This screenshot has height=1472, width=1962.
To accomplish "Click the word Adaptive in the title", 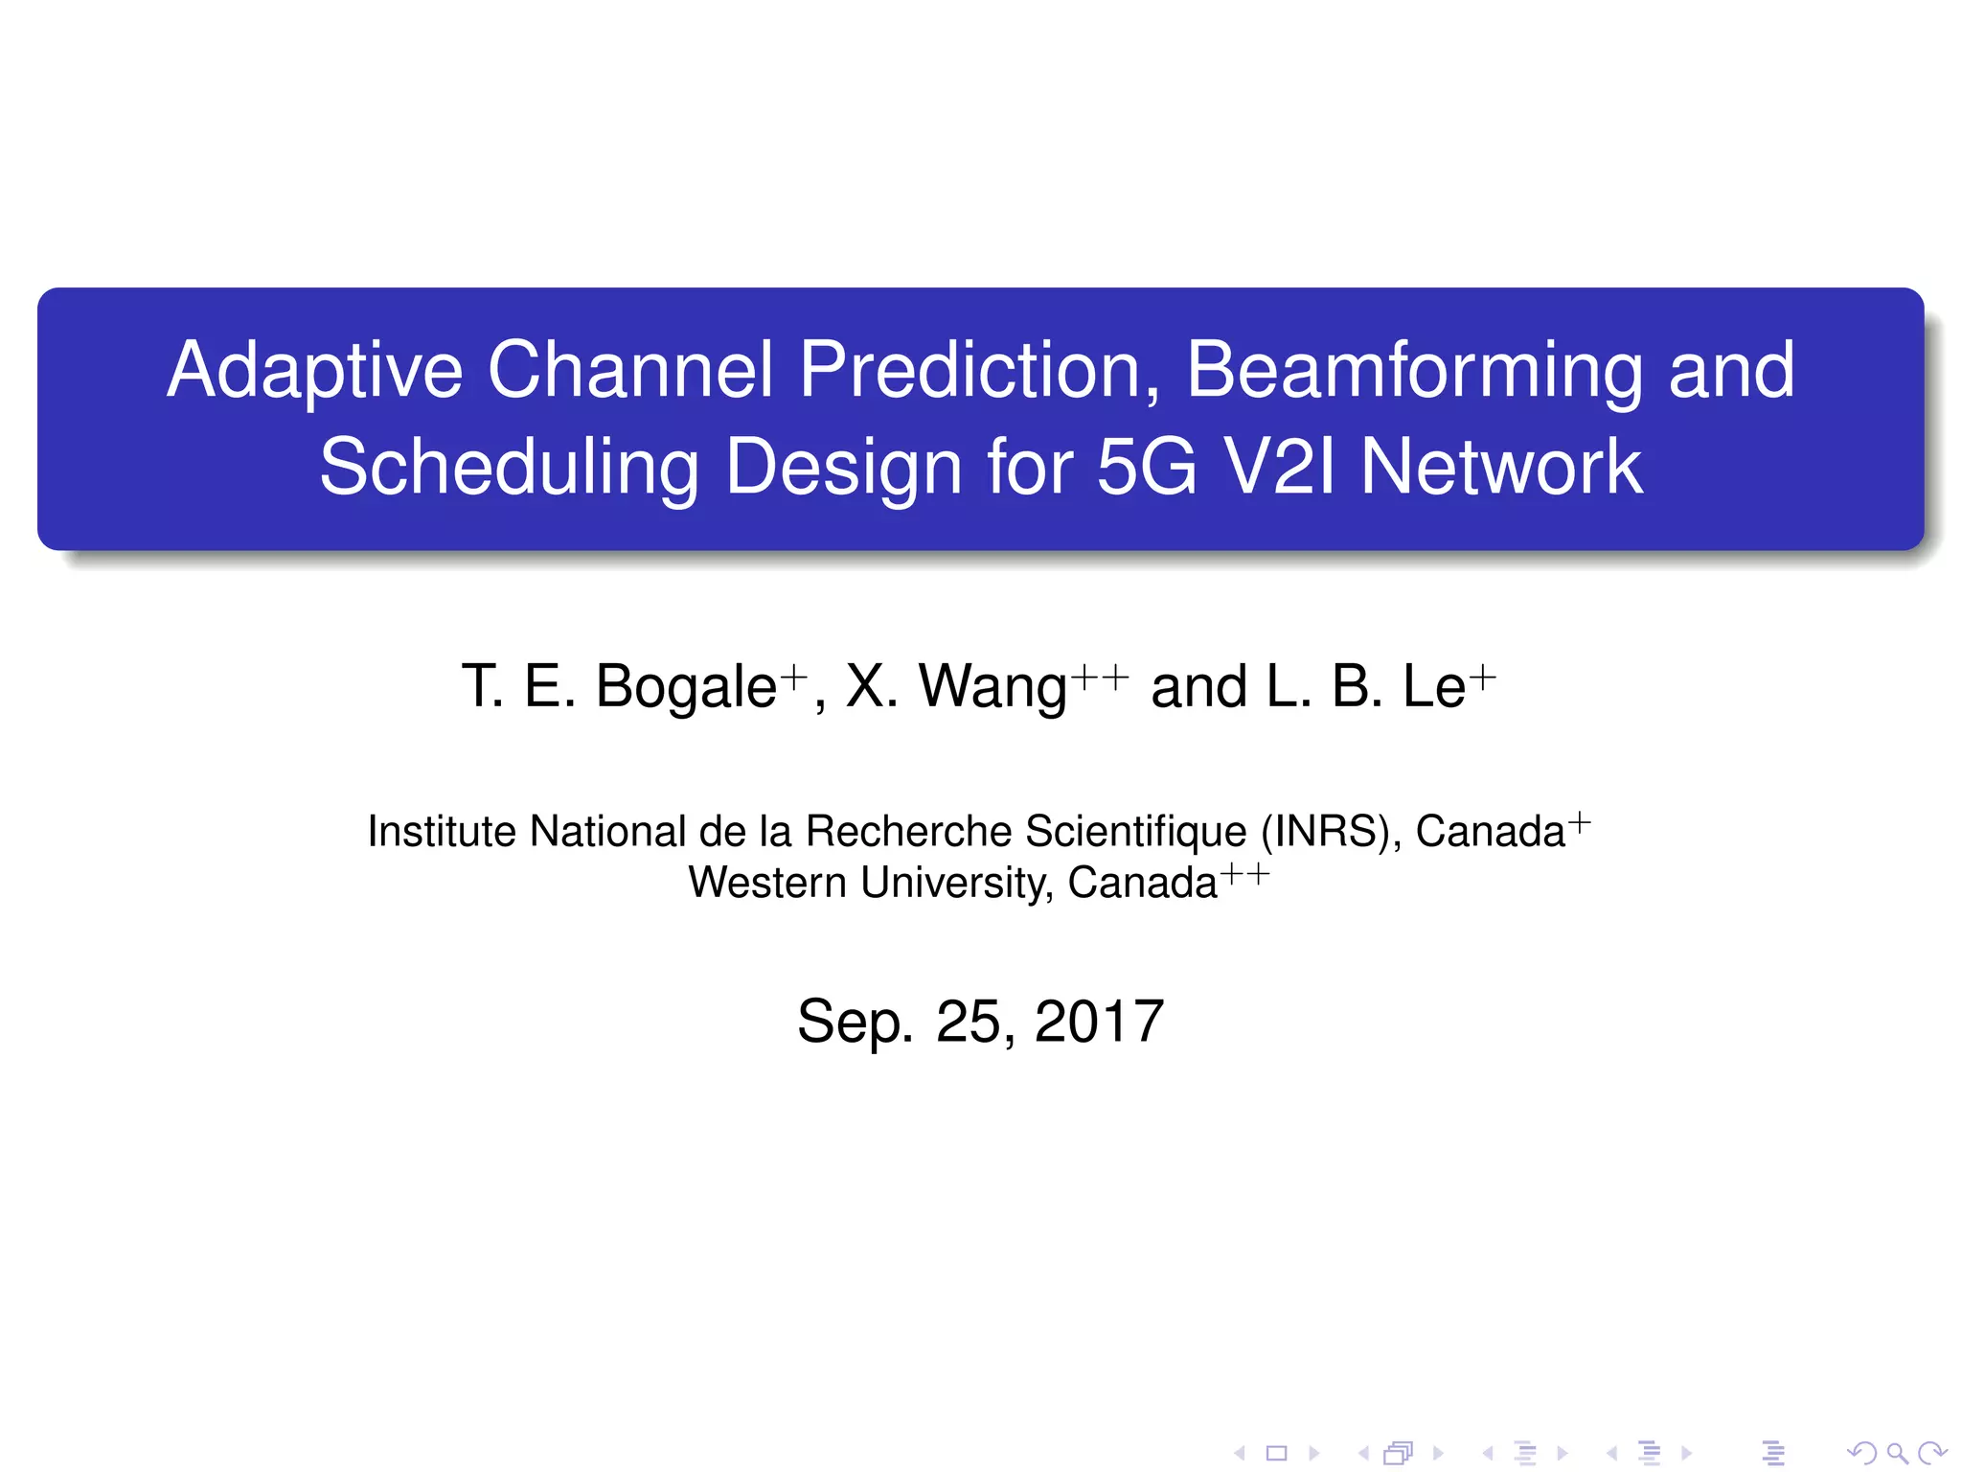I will (315, 371).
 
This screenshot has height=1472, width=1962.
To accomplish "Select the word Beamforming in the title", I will (1413, 371).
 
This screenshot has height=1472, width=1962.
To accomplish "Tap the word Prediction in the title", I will (978, 371).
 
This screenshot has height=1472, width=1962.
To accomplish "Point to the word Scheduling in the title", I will (509, 468).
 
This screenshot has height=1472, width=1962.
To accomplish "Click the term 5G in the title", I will (1146, 468).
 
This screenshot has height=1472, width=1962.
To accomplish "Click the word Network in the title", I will (1501, 468).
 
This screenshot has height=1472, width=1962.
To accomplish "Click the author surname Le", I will (1433, 686).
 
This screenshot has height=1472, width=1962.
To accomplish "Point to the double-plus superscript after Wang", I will (1100, 677).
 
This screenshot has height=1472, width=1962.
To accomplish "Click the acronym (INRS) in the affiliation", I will (1325, 831).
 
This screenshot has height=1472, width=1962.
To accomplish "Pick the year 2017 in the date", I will (1099, 1022).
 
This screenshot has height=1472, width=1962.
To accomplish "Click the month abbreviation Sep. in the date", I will (855, 1022).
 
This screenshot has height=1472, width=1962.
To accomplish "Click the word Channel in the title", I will (630, 371).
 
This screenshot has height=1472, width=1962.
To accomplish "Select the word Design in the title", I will (843, 468).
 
